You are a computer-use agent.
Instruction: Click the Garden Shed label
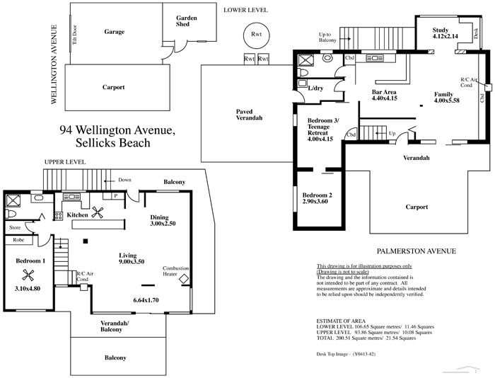pos(187,21)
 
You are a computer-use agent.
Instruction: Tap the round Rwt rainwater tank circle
pos(252,33)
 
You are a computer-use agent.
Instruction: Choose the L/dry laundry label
pos(316,88)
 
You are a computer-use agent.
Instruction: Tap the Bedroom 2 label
pos(316,198)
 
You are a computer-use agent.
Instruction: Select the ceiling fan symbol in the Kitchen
pos(98,214)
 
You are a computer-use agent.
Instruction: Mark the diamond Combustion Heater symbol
pos(184,280)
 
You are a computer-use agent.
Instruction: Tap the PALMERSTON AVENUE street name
pos(416,251)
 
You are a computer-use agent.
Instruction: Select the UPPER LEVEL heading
pos(64,161)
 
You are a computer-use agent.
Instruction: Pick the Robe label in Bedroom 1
pos(18,241)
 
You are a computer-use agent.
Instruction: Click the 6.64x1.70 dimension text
pos(147,301)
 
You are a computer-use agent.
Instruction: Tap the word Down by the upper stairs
pos(125,179)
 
